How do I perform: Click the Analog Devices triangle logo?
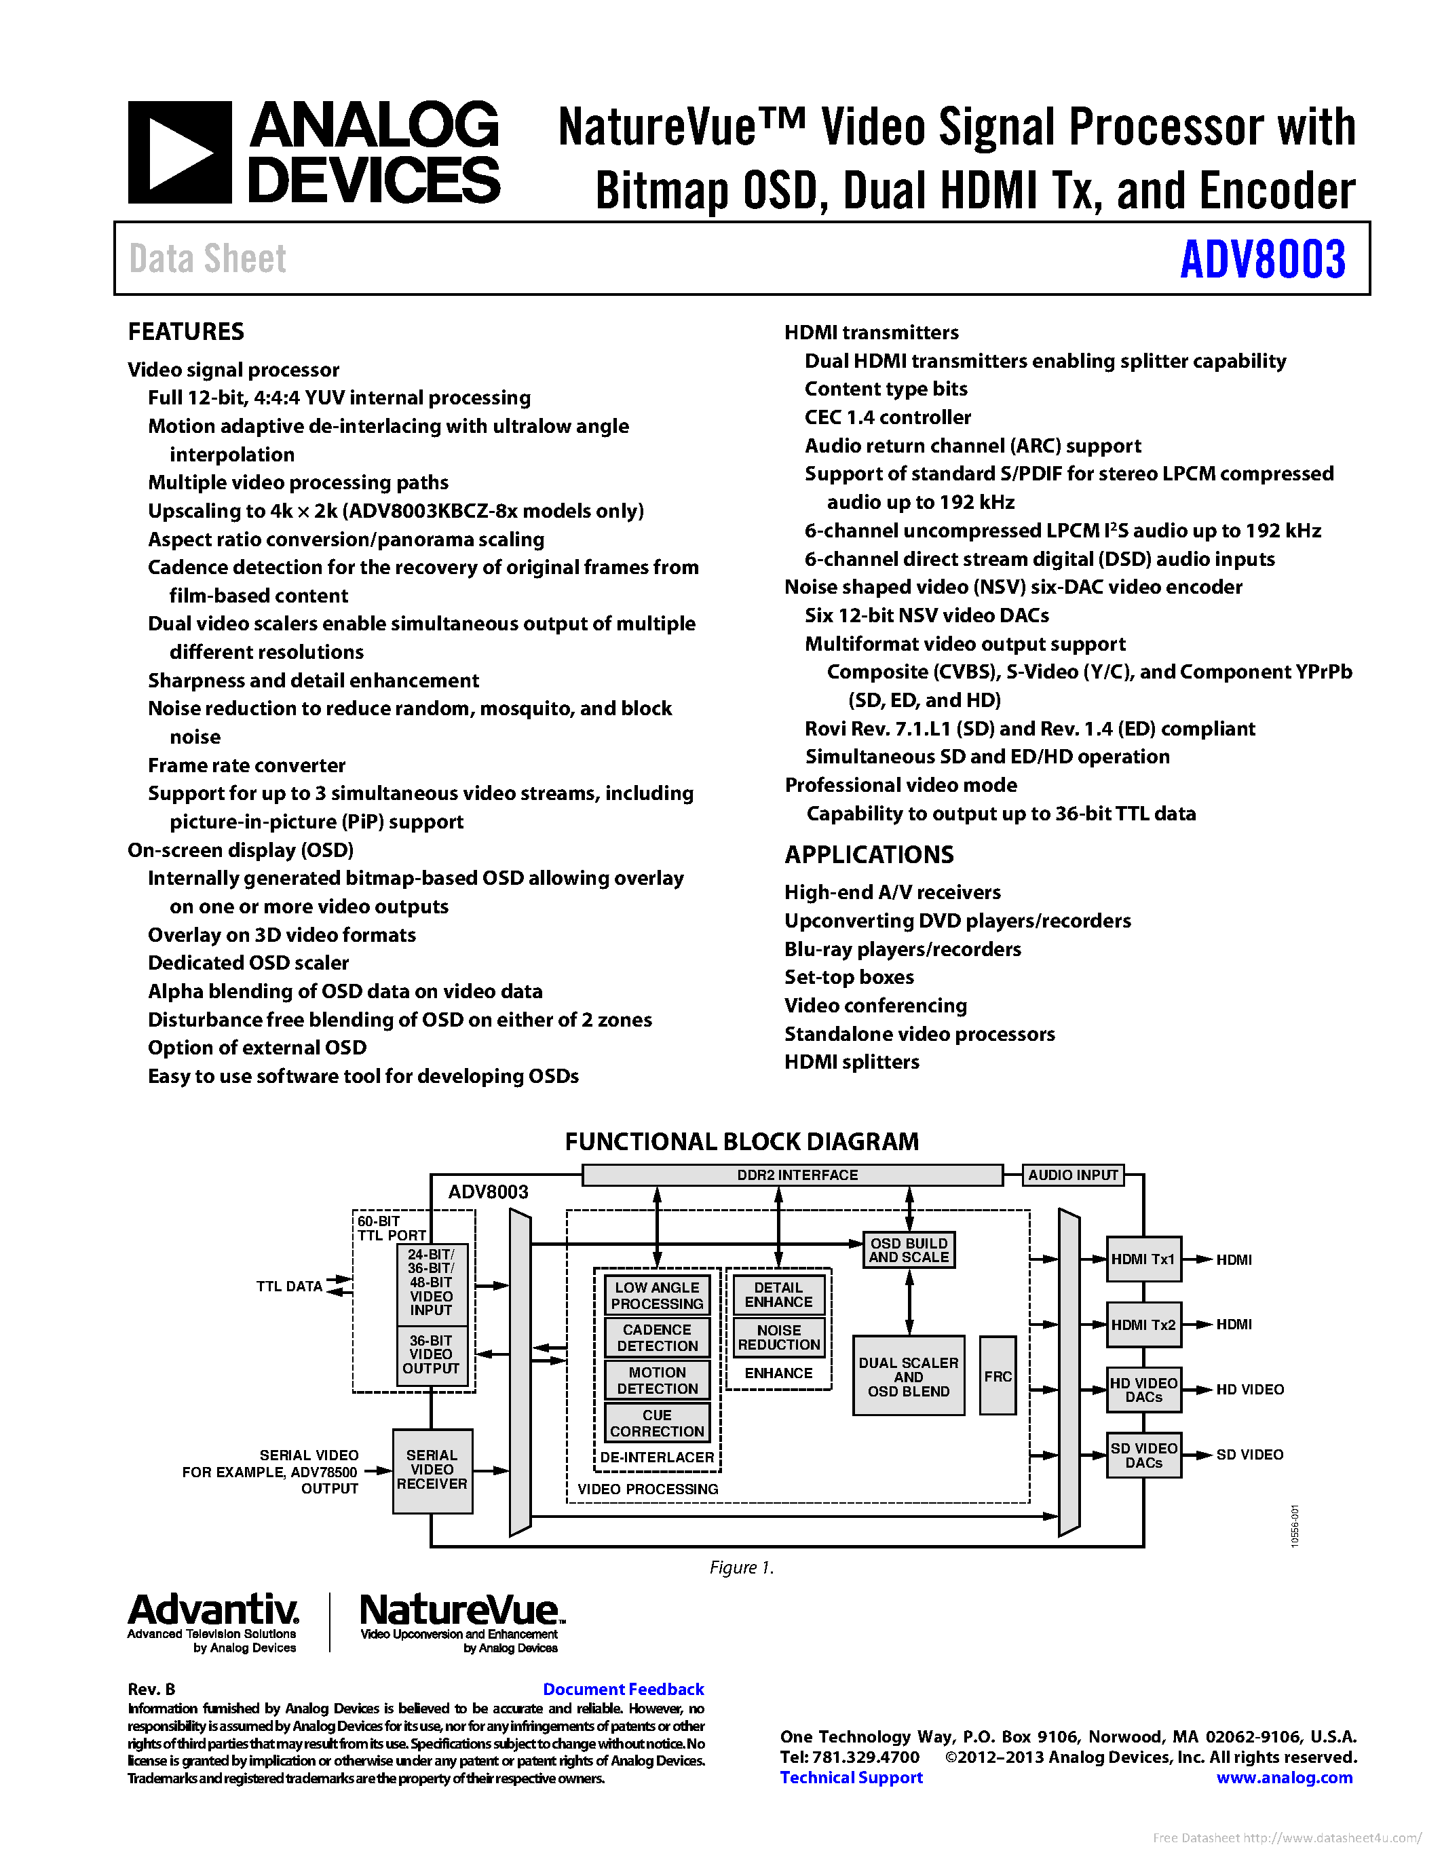point(179,153)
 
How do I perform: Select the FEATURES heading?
point(186,332)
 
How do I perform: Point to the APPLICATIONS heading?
point(869,854)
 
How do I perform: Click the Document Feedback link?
point(623,1689)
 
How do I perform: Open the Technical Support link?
point(851,1777)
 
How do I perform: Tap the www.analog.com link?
point(1284,1777)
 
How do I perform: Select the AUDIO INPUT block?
point(1072,1175)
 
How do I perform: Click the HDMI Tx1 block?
point(1143,1259)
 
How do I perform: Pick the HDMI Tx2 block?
point(1143,1325)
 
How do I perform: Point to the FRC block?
point(997,1375)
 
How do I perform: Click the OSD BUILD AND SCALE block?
point(909,1250)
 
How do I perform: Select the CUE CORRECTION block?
point(657,1422)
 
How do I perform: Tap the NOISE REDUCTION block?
point(778,1337)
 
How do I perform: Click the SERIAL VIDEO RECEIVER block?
point(432,1470)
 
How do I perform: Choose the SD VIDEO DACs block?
point(1143,1455)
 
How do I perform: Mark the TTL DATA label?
point(290,1286)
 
